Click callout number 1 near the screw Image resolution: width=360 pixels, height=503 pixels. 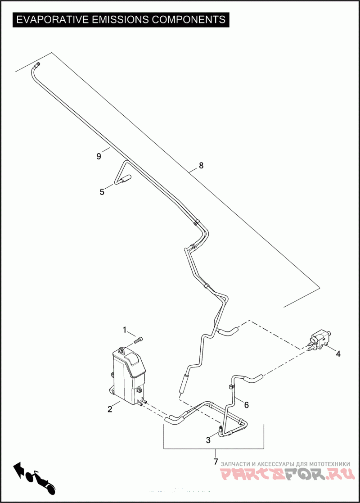tap(125, 330)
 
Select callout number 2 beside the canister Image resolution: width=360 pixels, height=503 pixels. tap(110, 409)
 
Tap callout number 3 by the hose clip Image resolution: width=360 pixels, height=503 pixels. tap(208, 440)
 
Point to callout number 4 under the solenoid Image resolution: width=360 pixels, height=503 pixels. tap(338, 354)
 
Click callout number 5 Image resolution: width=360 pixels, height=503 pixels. tap(102, 192)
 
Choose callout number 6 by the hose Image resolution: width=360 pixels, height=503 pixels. tap(246, 405)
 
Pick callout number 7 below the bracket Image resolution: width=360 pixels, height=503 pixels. tap(216, 462)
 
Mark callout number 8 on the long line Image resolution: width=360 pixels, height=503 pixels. tap(201, 165)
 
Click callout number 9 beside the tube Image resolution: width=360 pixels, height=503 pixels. tap(99, 156)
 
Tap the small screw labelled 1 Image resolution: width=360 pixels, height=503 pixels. tap(140, 339)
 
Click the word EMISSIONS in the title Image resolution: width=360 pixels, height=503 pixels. tap(119, 20)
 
